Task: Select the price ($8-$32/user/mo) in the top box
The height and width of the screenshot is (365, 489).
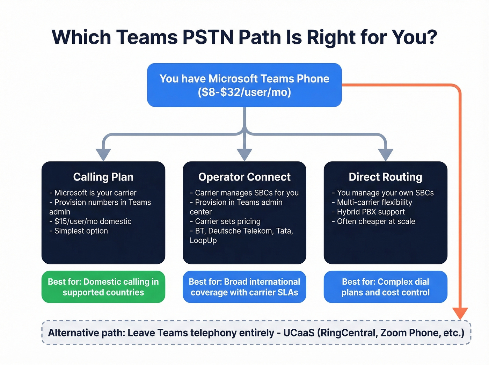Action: (x=244, y=92)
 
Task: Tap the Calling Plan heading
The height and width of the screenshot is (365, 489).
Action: (x=103, y=177)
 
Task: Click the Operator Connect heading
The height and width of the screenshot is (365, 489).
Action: (x=244, y=177)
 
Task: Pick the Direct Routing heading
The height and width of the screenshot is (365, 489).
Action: (x=385, y=177)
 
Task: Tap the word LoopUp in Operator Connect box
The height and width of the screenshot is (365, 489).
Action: (x=203, y=241)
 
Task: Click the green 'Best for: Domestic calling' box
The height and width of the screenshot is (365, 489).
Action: (x=103, y=287)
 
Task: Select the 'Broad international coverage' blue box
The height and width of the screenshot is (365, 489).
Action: (x=244, y=287)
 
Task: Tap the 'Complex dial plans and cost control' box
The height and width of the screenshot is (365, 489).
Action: (x=385, y=287)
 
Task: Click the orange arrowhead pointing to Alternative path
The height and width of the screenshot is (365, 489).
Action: (x=460, y=313)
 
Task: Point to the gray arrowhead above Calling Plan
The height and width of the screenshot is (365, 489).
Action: (x=103, y=154)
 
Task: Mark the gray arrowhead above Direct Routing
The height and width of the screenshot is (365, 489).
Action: (x=386, y=154)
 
